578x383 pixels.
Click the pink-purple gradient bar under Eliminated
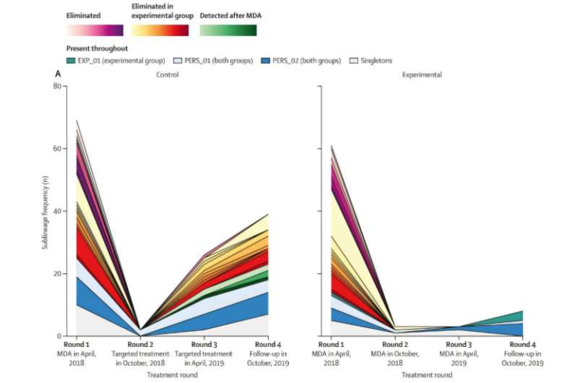94,30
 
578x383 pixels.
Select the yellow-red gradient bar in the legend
160,30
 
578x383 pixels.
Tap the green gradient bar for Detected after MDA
228,30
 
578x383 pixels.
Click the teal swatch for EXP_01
71,60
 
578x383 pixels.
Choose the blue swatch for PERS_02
265,60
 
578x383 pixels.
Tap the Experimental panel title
422,75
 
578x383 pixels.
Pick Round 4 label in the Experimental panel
522,345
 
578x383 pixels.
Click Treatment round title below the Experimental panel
427,374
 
